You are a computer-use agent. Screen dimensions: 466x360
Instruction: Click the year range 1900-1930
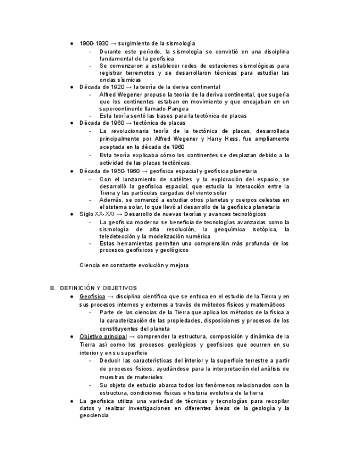pyautogui.click(x=94, y=43)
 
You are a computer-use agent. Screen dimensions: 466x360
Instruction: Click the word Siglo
pyautogui.click(x=87, y=214)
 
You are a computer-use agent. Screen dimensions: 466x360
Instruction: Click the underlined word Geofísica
pyautogui.click(x=92, y=296)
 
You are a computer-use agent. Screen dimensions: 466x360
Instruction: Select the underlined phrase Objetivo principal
pyautogui.click(x=103, y=336)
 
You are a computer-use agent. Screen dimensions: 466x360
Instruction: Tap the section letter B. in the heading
pyautogui.click(x=53, y=288)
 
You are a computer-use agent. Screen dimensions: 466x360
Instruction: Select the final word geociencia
pyautogui.click(x=94, y=415)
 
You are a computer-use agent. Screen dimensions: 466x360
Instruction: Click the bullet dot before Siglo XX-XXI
pyautogui.click(x=72, y=214)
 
